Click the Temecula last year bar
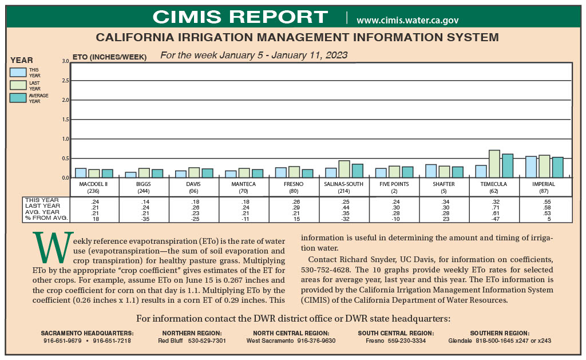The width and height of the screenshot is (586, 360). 494,164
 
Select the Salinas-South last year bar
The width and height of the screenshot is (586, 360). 344,169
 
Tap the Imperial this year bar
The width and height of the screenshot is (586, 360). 531,167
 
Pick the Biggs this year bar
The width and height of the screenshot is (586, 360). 130,175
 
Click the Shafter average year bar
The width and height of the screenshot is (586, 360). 457,172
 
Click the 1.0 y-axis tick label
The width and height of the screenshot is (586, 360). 65,139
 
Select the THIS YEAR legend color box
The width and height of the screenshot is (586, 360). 18,72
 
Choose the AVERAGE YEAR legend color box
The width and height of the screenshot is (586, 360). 18,98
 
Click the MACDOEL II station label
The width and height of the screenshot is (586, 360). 93,184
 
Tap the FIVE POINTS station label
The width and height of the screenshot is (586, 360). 394,184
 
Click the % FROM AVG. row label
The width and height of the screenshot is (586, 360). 47,218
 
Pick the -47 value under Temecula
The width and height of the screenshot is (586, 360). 494,219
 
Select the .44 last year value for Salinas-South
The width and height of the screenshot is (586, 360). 345,208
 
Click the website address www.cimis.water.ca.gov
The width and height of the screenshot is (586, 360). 407,20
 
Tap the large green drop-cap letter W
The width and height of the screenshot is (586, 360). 53,247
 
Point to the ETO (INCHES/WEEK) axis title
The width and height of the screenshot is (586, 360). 109,57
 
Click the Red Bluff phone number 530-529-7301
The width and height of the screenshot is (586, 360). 207,341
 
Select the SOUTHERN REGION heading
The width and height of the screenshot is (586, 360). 500,333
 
